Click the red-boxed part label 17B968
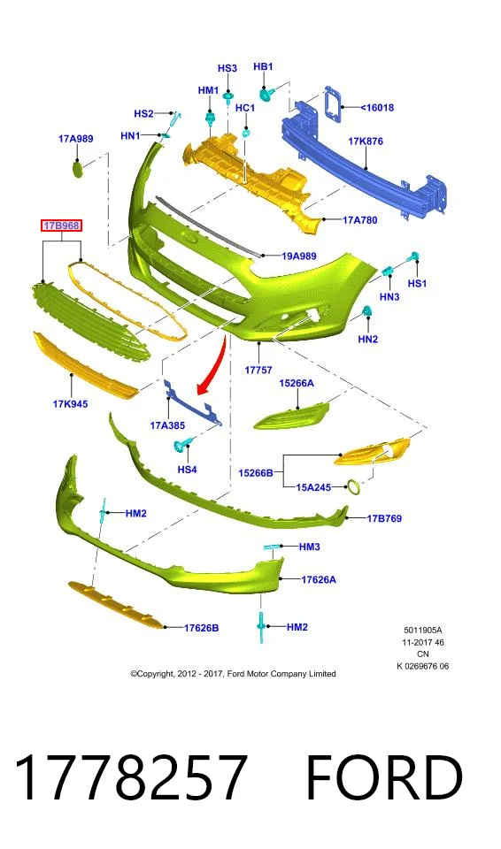pyautogui.click(x=62, y=226)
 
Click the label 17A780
pyautogui.click(x=360, y=220)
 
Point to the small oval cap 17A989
pyautogui.click(x=78, y=169)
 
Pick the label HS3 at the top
pyautogui.click(x=227, y=68)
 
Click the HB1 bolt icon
pyautogui.click(x=266, y=95)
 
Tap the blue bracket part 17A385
pyautogui.click(x=193, y=401)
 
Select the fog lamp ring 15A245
pyautogui.click(x=353, y=487)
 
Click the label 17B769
pyautogui.click(x=384, y=518)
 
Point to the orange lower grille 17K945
pyautogui.click(x=86, y=365)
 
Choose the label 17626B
pyautogui.click(x=201, y=628)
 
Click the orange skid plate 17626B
pyautogui.click(x=115, y=605)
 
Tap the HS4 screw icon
pyautogui.click(x=181, y=446)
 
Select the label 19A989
pyautogui.click(x=299, y=256)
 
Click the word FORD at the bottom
pyautogui.click(x=384, y=777)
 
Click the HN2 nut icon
pyautogui.click(x=366, y=312)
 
